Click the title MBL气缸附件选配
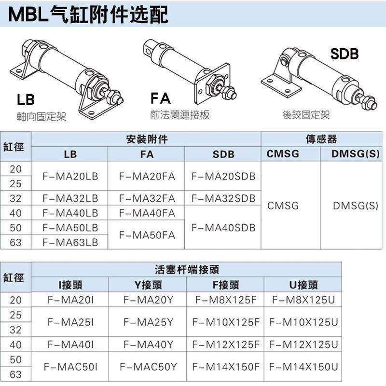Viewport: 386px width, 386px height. click(x=89, y=14)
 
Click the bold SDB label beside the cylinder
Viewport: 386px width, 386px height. click(x=345, y=54)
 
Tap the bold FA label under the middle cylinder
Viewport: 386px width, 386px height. click(x=161, y=99)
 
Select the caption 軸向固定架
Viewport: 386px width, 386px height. click(x=41, y=116)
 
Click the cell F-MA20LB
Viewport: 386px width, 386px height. click(x=70, y=176)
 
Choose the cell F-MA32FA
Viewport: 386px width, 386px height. click(x=147, y=198)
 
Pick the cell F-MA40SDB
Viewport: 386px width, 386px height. click(x=223, y=227)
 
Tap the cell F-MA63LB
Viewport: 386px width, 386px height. click(x=70, y=242)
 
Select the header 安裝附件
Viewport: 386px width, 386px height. click(x=147, y=139)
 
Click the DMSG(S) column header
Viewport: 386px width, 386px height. click(x=355, y=154)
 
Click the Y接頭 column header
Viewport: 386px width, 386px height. click(x=148, y=285)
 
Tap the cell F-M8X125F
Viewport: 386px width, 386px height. click(x=226, y=300)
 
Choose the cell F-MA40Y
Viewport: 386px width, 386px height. click(x=148, y=345)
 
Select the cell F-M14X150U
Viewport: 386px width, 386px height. click(x=303, y=367)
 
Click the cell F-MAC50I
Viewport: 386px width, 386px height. click(x=70, y=367)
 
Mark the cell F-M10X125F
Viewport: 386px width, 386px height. click(x=226, y=322)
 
